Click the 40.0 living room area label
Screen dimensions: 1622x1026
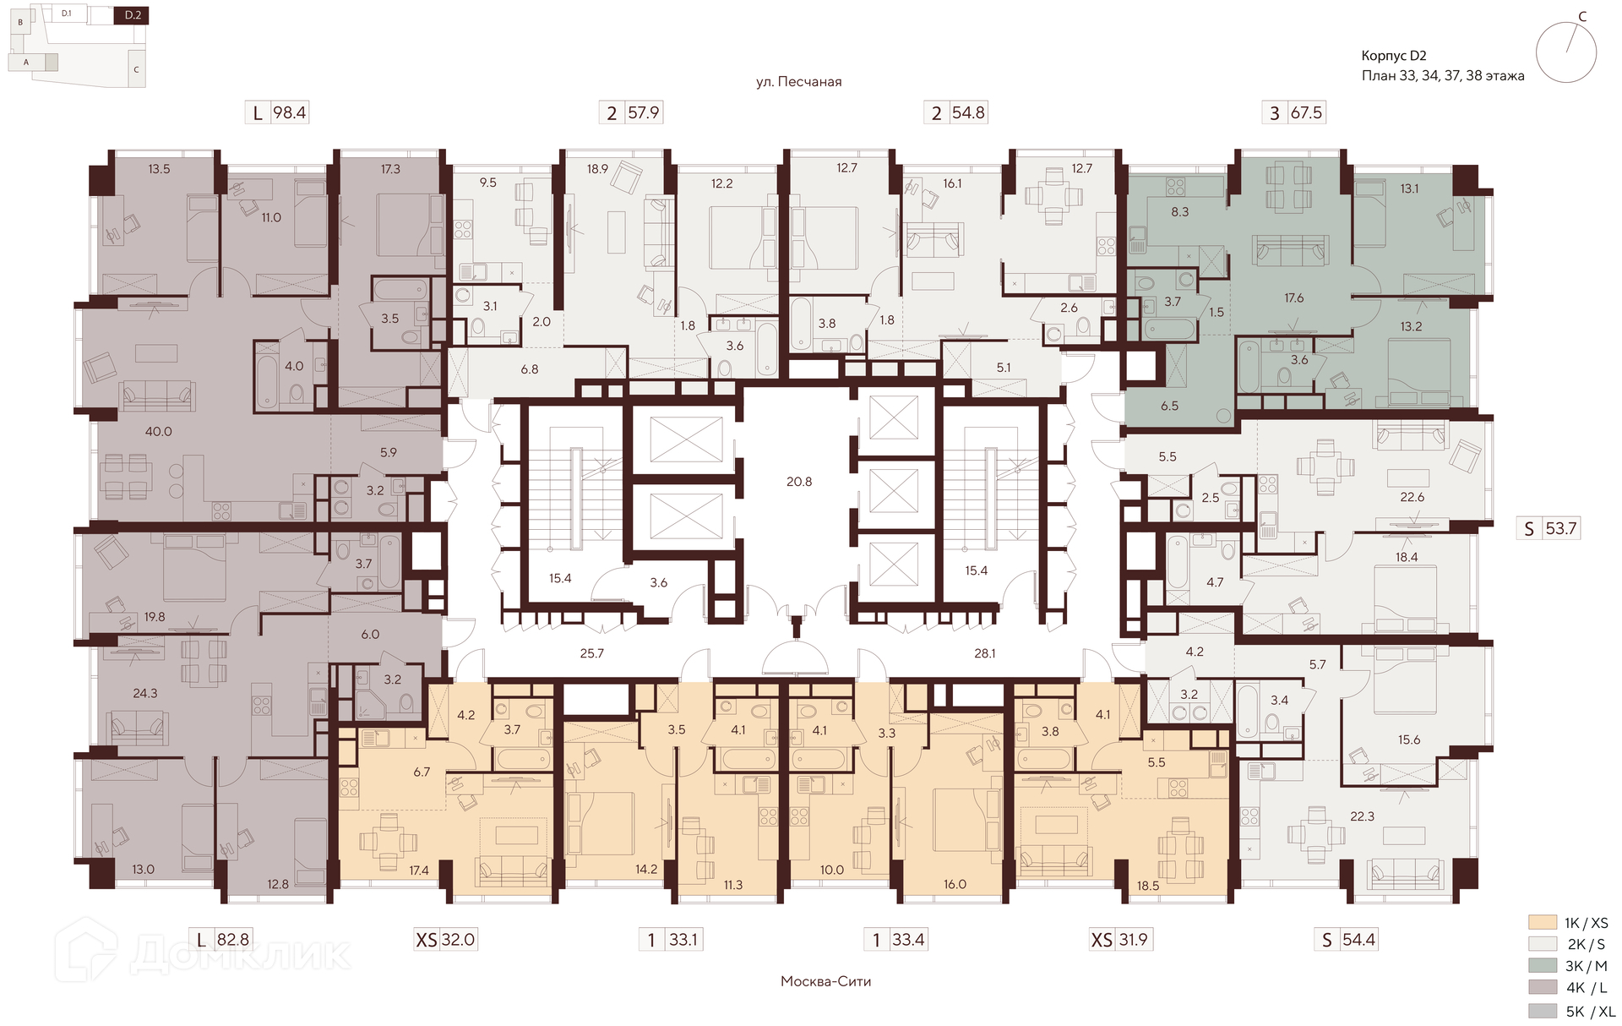point(158,431)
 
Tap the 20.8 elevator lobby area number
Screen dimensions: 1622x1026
point(799,482)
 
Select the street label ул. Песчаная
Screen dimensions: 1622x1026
point(799,82)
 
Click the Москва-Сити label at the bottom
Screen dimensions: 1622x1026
point(825,981)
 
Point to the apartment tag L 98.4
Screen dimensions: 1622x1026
point(278,112)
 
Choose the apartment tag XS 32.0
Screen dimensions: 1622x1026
point(446,939)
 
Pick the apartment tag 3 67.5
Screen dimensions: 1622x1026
point(1295,112)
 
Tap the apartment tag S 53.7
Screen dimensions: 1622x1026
point(1550,528)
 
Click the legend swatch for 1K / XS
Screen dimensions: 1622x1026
point(1543,923)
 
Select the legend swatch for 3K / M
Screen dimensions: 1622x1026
point(1543,966)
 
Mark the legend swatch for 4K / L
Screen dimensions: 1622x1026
point(1543,988)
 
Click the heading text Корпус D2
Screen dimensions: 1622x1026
point(1394,56)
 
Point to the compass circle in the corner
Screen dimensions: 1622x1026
point(1566,52)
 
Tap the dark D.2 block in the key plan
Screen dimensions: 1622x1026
point(132,15)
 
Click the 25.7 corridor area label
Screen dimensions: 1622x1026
point(592,653)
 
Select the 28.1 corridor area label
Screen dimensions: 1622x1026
point(985,653)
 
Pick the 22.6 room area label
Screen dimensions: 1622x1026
point(1412,497)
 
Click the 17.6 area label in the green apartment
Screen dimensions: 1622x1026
point(1294,297)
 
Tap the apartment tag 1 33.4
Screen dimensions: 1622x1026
point(895,939)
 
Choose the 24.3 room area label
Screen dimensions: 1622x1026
point(144,693)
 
